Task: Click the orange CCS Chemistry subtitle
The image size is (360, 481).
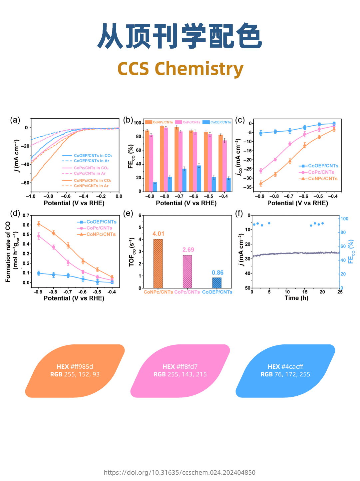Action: pos(180,69)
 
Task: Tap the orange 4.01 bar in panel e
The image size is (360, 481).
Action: pos(158,263)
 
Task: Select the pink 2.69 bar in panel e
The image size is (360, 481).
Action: pos(187,271)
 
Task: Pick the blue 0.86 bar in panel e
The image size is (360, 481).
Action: pos(217,283)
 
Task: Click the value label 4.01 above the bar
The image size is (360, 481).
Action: pos(158,234)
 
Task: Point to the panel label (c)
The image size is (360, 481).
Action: pos(240,120)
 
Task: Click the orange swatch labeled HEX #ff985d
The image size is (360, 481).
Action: pos(75,371)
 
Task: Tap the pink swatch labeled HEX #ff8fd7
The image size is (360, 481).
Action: pos(180,371)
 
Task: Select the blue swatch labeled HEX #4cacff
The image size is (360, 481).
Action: pos(285,371)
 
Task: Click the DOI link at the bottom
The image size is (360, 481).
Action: pos(180,473)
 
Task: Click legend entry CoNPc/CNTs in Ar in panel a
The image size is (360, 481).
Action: pos(91,186)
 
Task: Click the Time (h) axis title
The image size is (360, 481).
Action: pos(296,298)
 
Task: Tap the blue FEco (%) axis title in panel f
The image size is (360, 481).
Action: pos(351,251)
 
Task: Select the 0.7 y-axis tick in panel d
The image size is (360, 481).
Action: pos(26,216)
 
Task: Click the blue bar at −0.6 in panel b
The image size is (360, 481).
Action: pos(199,179)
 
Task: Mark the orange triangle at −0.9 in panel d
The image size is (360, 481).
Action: pos(39,224)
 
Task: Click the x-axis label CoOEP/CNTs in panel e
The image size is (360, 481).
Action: pos(217,292)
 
